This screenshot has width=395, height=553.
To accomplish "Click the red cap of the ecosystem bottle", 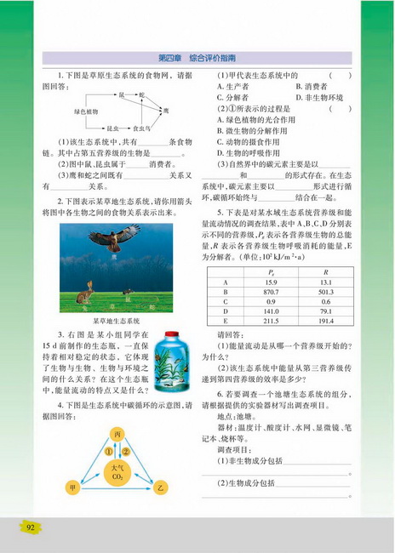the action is tap(175, 341).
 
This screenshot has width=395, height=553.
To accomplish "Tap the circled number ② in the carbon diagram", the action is tap(126, 450).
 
